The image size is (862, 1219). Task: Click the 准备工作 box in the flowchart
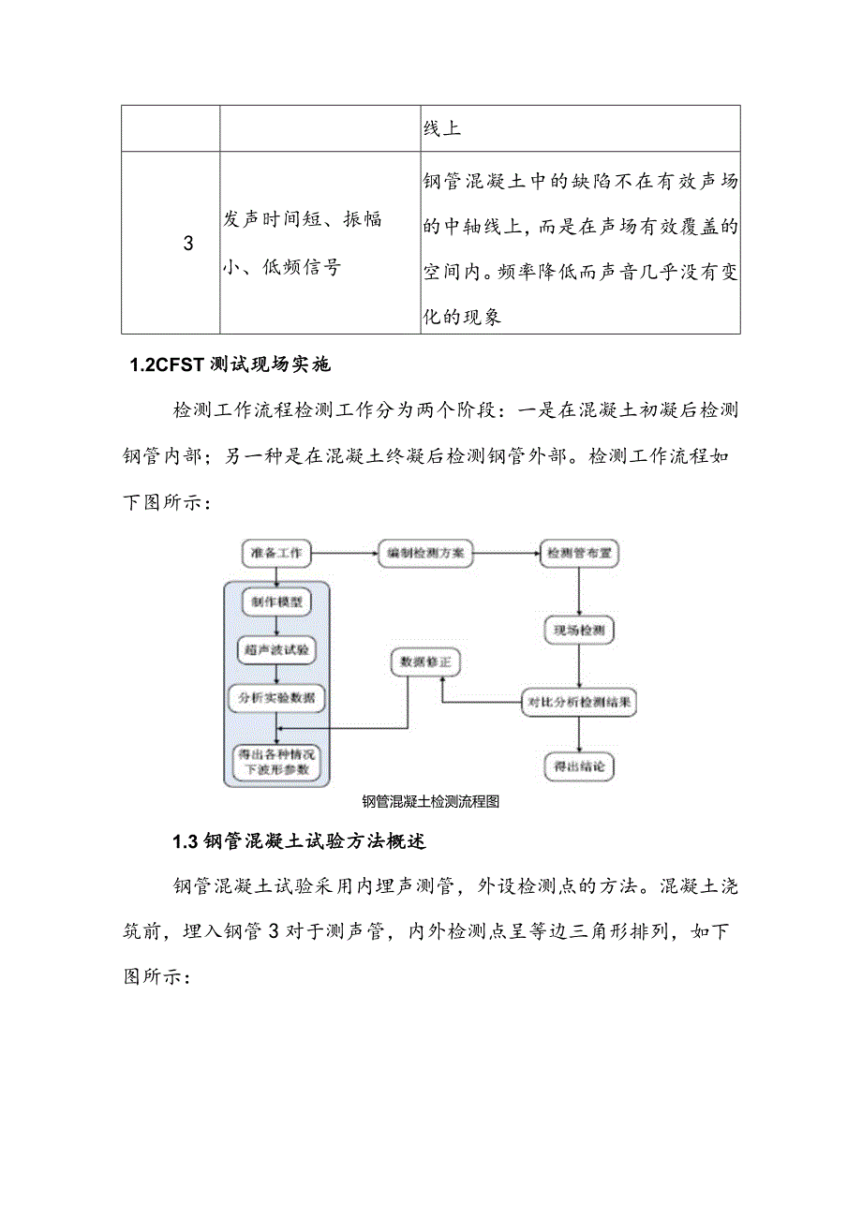click(x=276, y=553)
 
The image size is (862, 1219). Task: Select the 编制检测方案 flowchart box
click(x=425, y=553)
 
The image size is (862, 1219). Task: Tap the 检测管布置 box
click(x=579, y=553)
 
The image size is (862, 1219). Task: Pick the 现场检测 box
click(x=579, y=631)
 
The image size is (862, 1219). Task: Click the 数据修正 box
click(x=424, y=662)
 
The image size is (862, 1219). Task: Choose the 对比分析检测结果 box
click(x=579, y=700)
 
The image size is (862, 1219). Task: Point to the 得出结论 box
click(x=579, y=766)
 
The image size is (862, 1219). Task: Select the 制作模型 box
click(x=276, y=601)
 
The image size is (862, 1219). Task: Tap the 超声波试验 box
click(x=276, y=648)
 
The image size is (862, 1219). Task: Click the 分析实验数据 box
click(x=276, y=698)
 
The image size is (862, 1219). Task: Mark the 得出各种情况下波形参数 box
click(x=276, y=761)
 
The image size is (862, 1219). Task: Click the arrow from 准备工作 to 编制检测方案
click(x=344, y=553)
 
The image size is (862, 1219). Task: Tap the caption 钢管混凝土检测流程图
click(x=431, y=801)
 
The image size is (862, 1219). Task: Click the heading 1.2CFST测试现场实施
click(x=230, y=365)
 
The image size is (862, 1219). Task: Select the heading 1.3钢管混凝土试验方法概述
click(x=300, y=841)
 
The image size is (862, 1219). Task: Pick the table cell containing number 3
click(x=188, y=244)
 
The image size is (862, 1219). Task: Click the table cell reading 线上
click(x=581, y=128)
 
